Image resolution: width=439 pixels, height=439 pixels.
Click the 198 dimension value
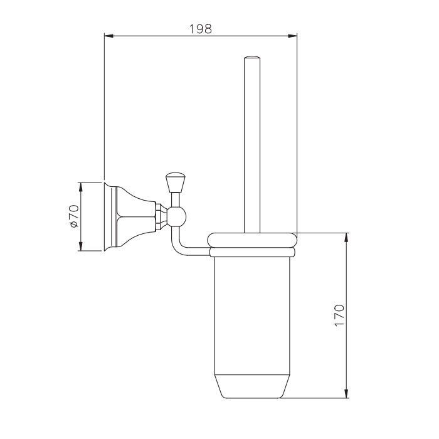click(201, 29)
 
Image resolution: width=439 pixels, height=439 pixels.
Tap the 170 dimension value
click(339, 315)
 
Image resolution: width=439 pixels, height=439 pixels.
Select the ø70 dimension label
click(74, 216)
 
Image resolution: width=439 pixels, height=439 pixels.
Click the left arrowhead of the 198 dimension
click(108, 36)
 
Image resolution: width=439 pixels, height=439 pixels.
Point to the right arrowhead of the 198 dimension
click(293, 36)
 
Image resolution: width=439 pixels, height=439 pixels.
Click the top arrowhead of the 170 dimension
click(347, 237)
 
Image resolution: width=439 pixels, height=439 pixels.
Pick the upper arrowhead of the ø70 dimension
click(81, 187)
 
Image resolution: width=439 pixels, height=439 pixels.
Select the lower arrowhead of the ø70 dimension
click(81, 246)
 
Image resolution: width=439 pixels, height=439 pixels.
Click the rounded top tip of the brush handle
click(252, 58)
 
